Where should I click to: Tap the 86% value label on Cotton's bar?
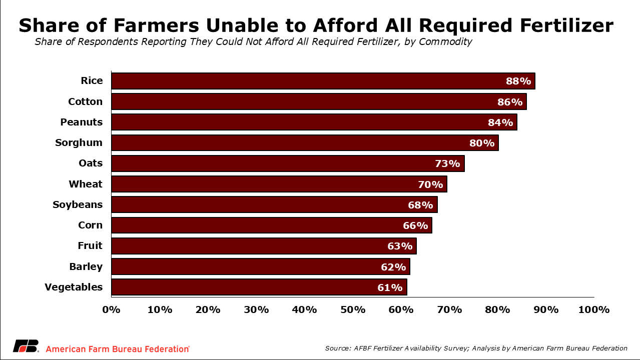pos(510,102)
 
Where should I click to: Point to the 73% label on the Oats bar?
pos(447,163)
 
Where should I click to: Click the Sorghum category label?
pos(79,143)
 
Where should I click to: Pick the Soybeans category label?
pos(78,204)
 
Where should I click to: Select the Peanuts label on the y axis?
pos(81,122)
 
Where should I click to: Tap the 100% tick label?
pos(593,309)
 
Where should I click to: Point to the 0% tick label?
pos(111,309)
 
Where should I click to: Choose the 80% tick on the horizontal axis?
pos(498,309)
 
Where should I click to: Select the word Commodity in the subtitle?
pos(445,42)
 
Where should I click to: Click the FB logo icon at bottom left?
pos(26,346)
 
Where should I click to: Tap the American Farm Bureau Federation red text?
pos(118,349)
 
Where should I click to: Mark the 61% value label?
pos(390,287)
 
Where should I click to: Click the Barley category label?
pos(86,266)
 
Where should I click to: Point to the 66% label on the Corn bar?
pos(415,225)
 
